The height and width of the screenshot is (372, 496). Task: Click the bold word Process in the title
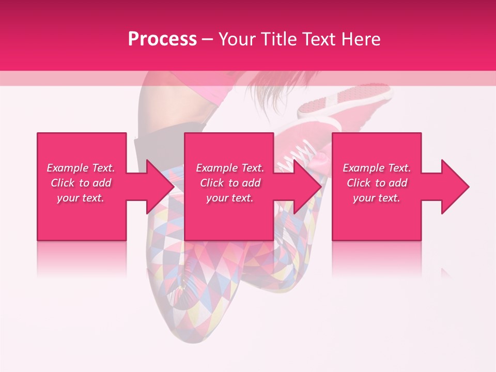(x=162, y=39)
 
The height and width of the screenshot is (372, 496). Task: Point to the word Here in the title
(x=360, y=39)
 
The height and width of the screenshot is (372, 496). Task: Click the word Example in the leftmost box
(x=68, y=168)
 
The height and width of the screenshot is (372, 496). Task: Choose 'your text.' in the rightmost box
(x=376, y=198)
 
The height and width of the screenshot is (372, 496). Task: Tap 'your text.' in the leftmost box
(x=81, y=198)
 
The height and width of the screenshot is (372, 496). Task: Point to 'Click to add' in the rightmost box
(x=377, y=183)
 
